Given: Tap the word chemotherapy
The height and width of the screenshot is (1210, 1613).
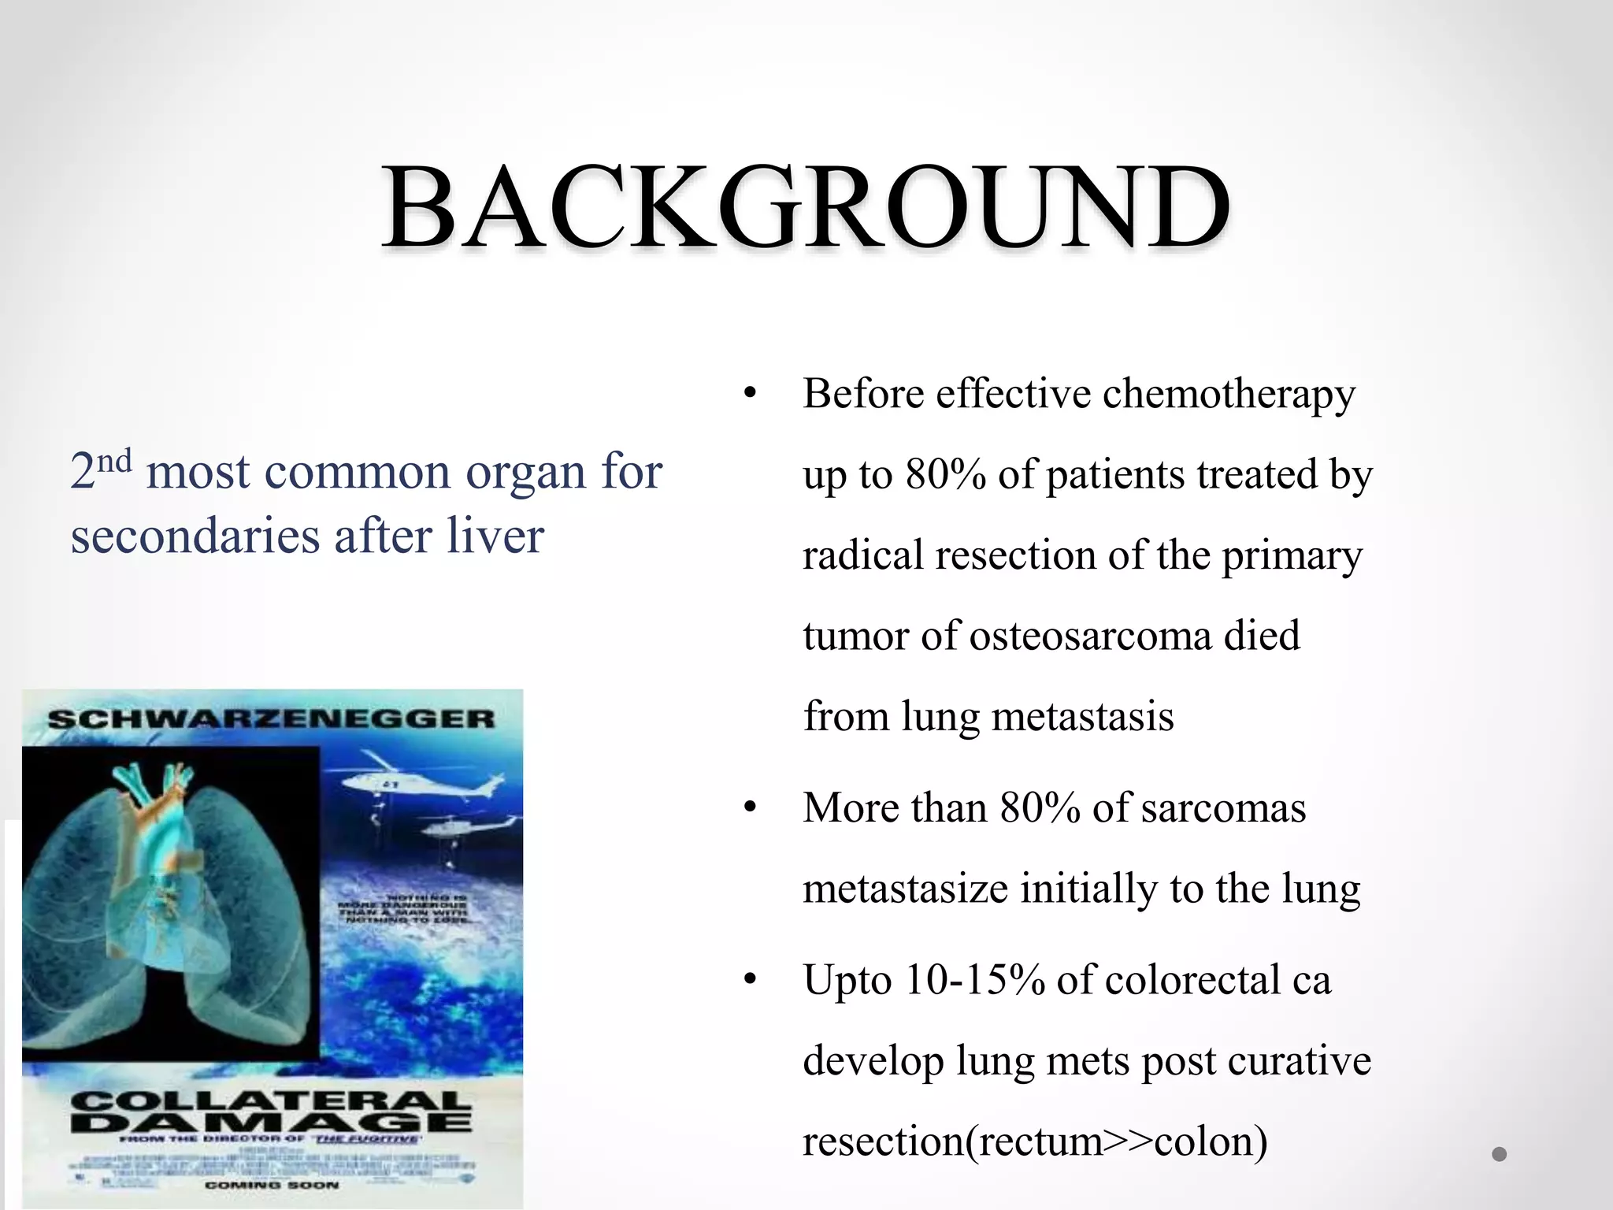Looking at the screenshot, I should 1229,394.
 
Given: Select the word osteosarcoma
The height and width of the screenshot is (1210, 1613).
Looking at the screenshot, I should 1091,636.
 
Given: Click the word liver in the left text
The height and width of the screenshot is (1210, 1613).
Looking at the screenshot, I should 495,536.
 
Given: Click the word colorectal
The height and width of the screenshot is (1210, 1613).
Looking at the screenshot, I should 1192,981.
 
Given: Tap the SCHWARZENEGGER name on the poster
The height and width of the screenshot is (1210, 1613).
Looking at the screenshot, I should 272,718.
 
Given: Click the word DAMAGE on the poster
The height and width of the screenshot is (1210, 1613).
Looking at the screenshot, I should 272,1121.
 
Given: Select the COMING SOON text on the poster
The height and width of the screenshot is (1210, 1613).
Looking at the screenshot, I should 272,1185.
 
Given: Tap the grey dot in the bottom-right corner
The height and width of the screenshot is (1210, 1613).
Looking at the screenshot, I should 1499,1154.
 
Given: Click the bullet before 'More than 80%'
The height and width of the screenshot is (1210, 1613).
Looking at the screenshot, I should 749,808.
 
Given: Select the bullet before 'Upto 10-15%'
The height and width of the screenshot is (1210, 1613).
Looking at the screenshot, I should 749,980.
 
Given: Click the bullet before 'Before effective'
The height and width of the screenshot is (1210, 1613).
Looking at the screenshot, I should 749,393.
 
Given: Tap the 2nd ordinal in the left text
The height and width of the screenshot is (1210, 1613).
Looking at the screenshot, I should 100,470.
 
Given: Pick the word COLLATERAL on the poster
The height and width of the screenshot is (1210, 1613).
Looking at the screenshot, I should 272,1100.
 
